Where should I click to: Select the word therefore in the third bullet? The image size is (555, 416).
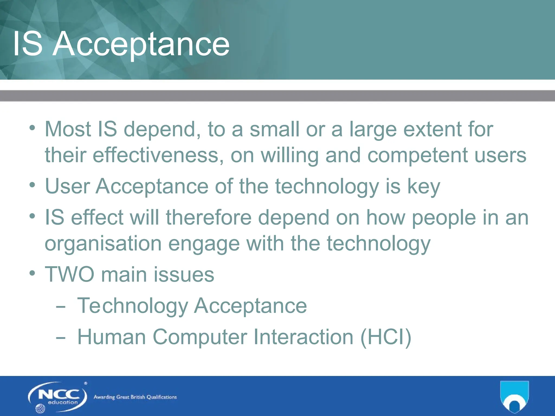pyautogui.click(x=209, y=217)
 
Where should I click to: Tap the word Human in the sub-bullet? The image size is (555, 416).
pyautogui.click(x=111, y=337)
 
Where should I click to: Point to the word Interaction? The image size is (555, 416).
pyautogui.click(x=303, y=337)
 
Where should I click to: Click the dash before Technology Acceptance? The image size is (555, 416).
pyautogui.click(x=60, y=307)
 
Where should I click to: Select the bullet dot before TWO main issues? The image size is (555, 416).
pyautogui.click(x=32, y=273)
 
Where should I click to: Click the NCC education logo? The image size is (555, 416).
pyautogui.click(x=57, y=397)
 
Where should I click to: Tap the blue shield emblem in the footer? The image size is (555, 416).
pyautogui.click(x=514, y=396)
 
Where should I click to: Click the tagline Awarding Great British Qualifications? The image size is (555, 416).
pyautogui.click(x=135, y=397)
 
